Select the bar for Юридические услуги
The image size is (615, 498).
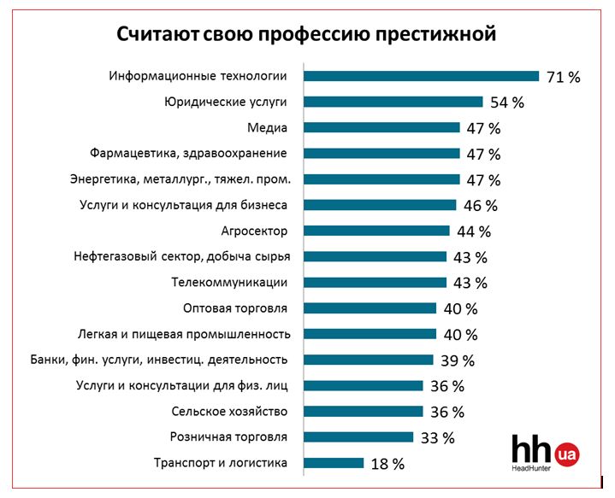pos(393,102)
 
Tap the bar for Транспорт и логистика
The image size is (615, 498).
pos(334,463)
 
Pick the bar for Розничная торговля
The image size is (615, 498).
pos(358,437)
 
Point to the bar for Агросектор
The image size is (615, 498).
pos(377,231)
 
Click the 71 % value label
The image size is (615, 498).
pos(564,77)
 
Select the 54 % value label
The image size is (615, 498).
pos(507,103)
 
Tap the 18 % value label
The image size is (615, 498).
pos(387,464)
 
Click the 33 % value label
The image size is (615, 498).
pos(438,438)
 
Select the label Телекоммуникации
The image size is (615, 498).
pos(229,282)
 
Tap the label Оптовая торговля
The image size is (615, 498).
pos(235,308)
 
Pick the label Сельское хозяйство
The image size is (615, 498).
pos(229,411)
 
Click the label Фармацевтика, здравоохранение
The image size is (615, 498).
pos(188,154)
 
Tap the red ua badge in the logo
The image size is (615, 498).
pos(565,454)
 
